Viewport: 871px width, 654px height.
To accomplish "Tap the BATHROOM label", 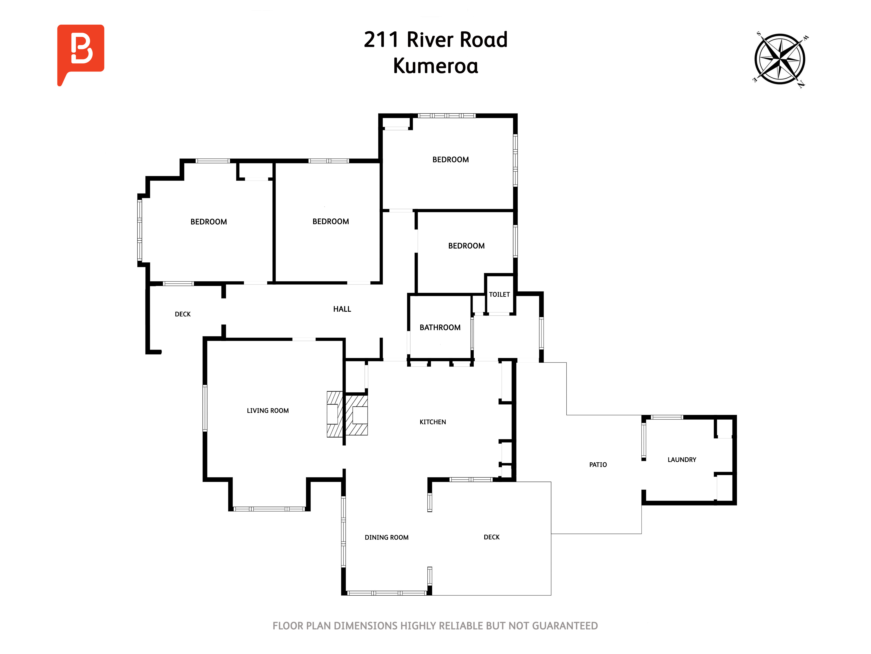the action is point(440,328).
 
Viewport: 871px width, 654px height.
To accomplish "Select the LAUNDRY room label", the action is point(682,460).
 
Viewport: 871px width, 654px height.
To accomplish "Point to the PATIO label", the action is point(598,465).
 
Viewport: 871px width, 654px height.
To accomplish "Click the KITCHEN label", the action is point(433,422).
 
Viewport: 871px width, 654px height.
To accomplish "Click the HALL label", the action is point(342,309).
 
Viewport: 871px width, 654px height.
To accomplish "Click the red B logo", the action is point(81,53).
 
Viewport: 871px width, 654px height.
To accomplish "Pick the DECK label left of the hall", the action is point(183,314).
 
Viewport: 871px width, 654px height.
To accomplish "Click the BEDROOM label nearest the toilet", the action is point(466,246).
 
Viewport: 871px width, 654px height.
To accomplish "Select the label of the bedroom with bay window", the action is point(209,222).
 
